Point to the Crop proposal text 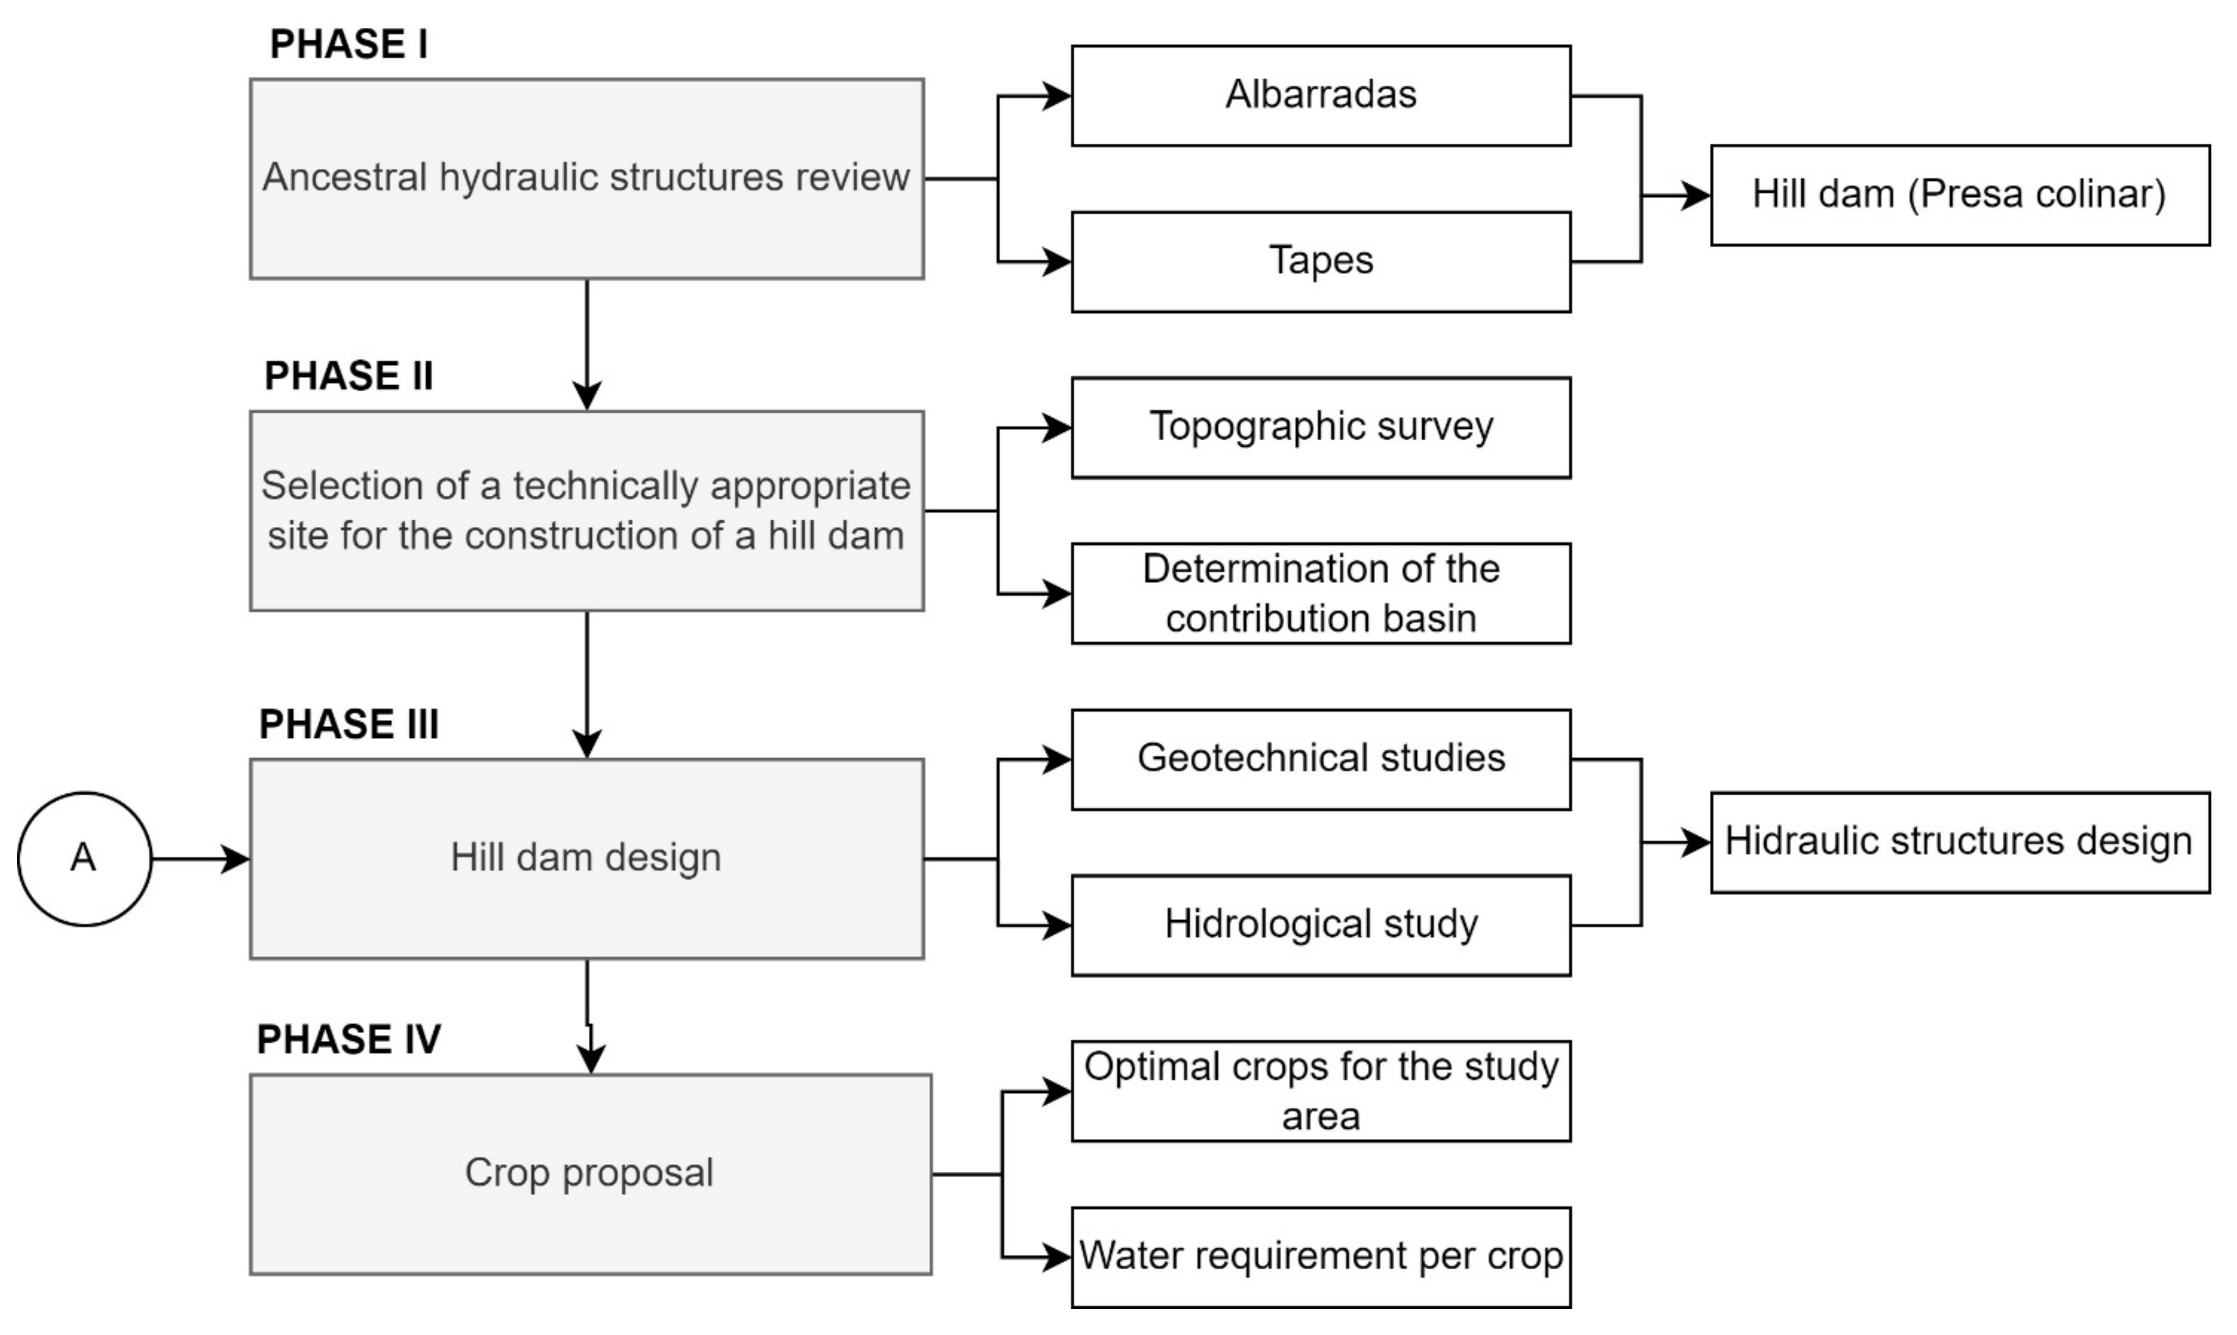589,1173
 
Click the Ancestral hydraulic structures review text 586,177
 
